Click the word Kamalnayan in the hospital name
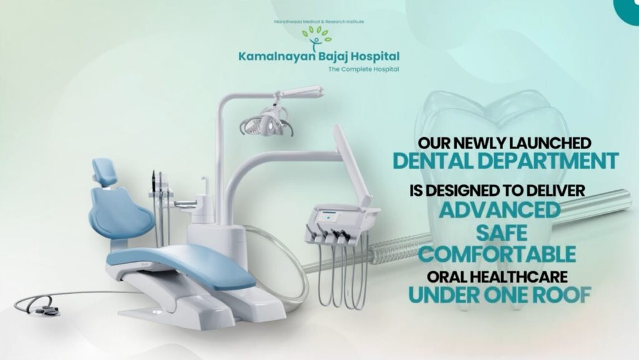tap(271, 57)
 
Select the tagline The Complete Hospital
tap(363, 69)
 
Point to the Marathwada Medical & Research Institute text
tap(319, 22)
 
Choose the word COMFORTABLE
tap(497, 255)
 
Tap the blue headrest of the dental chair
tap(104, 171)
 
